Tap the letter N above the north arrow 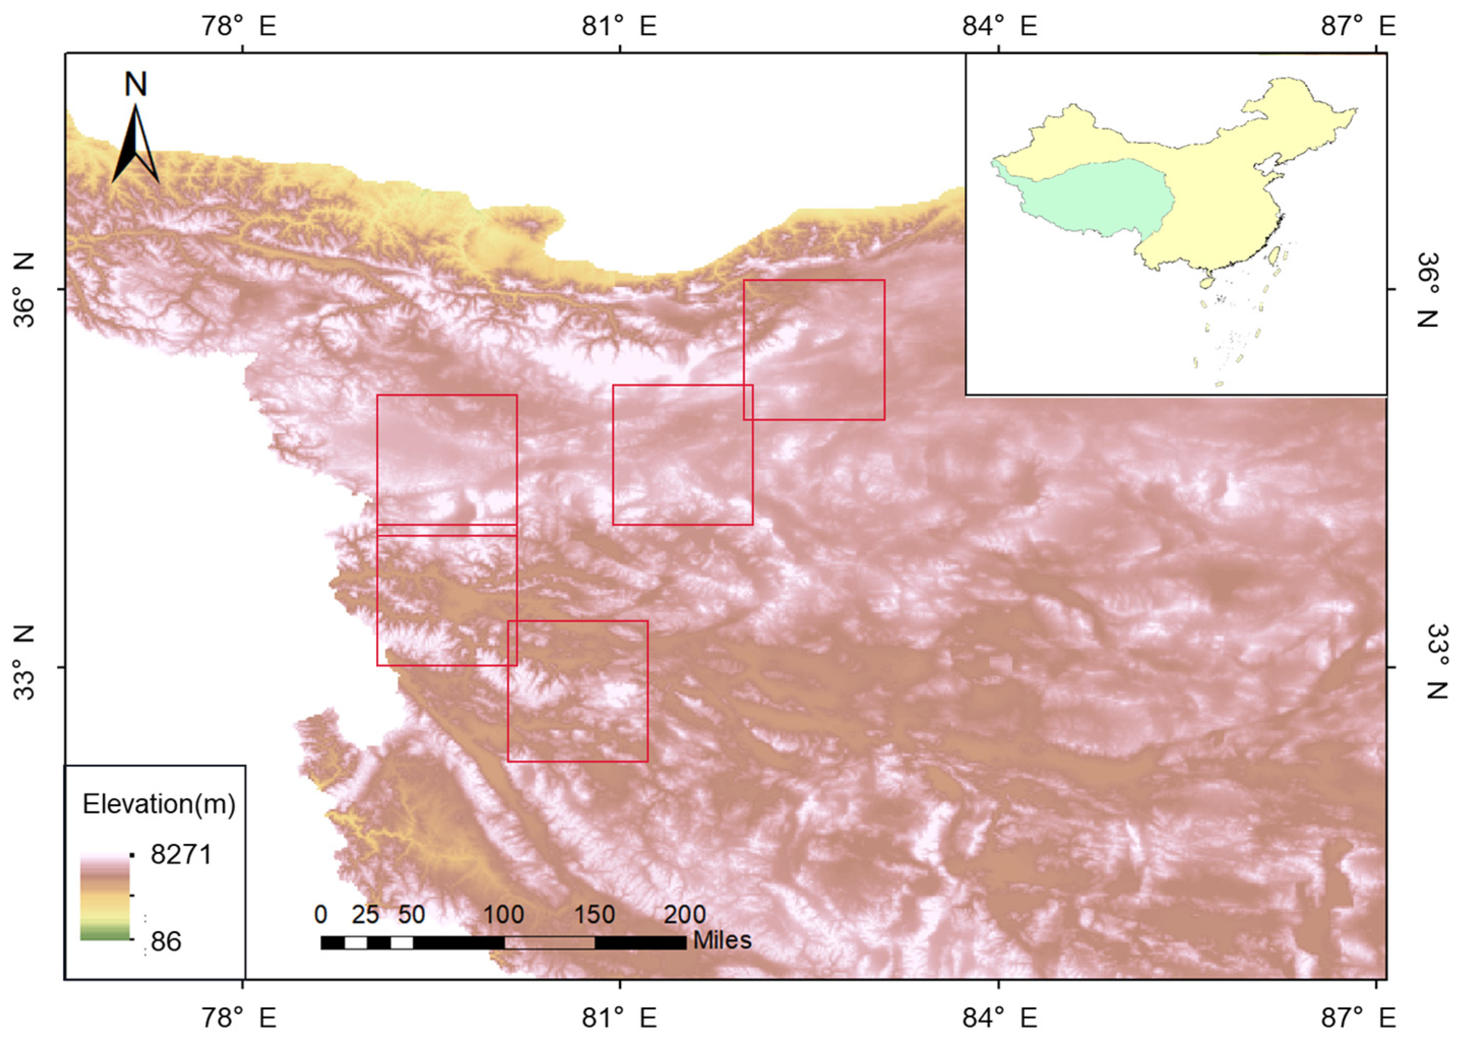click(136, 84)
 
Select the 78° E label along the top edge click(238, 26)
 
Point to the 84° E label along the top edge click(999, 26)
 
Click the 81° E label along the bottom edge click(619, 1017)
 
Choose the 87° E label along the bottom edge click(1357, 1017)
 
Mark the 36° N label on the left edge click(24, 289)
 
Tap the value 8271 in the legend click(181, 855)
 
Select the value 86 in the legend click(166, 941)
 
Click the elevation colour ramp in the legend click(105, 897)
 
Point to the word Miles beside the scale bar click(722, 941)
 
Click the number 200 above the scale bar click(684, 915)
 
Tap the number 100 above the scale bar click(503, 915)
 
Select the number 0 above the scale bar click(321, 915)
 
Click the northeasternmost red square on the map click(814, 350)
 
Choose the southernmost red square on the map click(578, 691)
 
